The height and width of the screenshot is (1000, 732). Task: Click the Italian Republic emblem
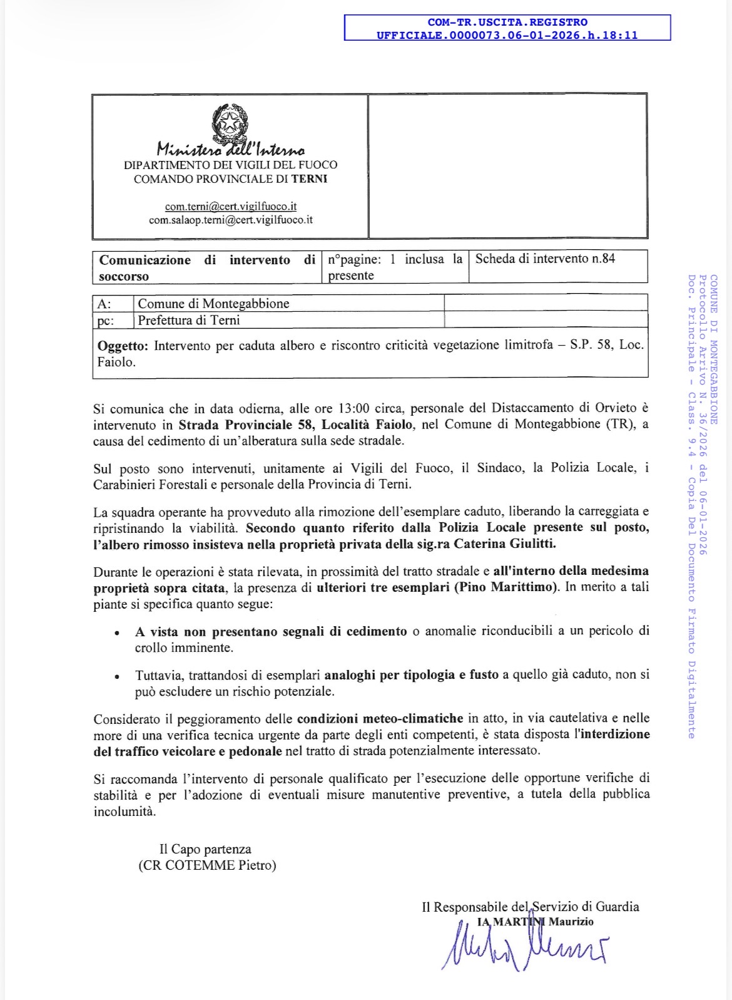click(230, 123)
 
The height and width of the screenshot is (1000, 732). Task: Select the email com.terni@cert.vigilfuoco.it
click(230, 206)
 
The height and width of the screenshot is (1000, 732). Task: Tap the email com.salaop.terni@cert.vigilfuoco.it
click(230, 220)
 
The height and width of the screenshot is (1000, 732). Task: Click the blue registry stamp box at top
click(507, 28)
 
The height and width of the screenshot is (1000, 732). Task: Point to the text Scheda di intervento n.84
click(545, 259)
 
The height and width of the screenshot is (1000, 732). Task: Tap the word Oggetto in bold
click(123, 345)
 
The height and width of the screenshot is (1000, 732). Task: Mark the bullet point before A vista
click(117, 633)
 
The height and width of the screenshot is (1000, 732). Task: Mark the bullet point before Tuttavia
click(117, 677)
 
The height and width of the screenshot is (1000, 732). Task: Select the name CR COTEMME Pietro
click(207, 865)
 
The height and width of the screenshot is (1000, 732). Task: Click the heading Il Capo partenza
click(205, 849)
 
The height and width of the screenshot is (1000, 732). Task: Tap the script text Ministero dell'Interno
click(230, 149)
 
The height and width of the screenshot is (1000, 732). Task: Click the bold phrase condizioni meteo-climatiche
click(380, 718)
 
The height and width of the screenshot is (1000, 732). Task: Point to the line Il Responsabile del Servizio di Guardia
click(530, 906)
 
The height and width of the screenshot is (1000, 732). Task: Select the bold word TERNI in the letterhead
click(309, 178)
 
